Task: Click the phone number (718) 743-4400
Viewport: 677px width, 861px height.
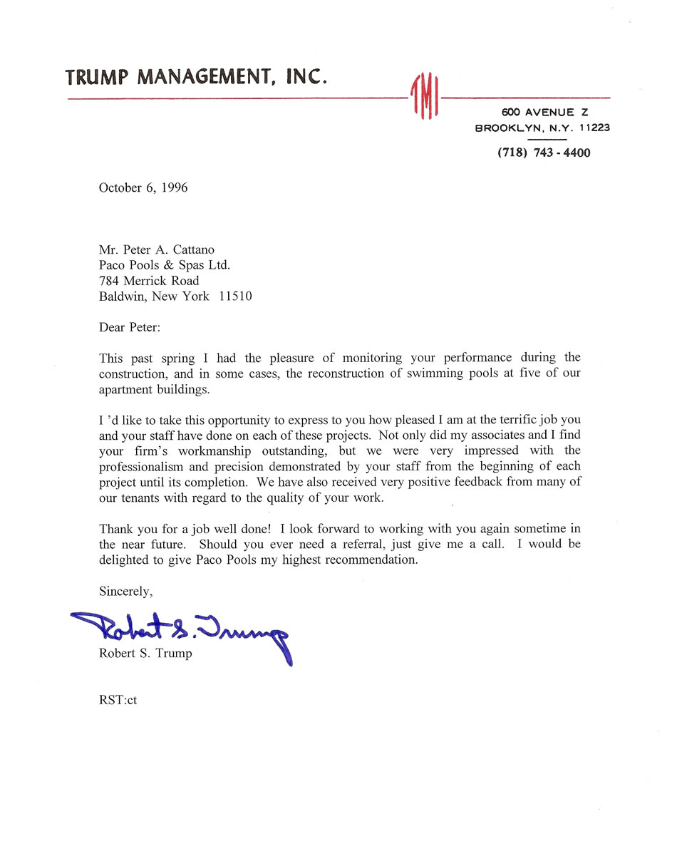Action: (544, 153)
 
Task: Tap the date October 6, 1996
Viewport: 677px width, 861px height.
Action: (143, 188)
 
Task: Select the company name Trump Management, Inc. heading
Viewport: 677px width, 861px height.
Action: (196, 77)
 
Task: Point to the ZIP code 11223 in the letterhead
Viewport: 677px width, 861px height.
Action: (594, 128)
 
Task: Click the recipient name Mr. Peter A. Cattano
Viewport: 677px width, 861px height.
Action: (157, 249)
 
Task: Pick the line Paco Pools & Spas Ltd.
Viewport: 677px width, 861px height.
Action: (165, 265)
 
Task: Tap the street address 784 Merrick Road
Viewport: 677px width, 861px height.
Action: (149, 281)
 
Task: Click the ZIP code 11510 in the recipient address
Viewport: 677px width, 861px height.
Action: (235, 297)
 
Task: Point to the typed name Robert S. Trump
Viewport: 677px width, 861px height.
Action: (145, 654)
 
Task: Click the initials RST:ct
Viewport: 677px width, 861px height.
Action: (118, 700)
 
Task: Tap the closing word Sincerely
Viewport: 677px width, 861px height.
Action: (125, 591)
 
